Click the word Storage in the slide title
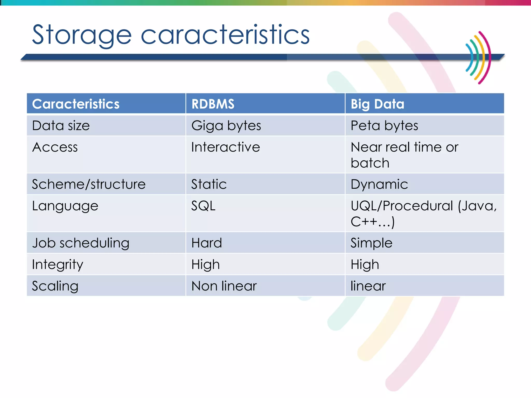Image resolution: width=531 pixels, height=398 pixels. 82,35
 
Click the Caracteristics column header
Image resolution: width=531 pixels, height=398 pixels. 75,104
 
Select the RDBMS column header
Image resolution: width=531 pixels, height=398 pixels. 213,104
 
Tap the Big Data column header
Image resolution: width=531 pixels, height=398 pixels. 377,104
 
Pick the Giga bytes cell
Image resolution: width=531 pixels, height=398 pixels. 226,126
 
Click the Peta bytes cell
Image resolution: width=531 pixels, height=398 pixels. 384,126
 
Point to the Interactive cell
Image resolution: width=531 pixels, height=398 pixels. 225,147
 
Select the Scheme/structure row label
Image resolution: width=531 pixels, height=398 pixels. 89,184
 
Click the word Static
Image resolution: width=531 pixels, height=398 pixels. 209,184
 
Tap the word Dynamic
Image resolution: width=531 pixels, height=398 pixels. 379,184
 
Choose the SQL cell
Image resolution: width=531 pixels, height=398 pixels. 203,206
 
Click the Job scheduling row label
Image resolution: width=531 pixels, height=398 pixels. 80,243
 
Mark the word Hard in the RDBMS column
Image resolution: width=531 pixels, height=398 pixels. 206,243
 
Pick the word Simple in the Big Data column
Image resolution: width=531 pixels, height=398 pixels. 371,243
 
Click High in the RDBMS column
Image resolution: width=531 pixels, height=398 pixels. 205,265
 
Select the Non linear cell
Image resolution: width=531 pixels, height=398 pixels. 224,286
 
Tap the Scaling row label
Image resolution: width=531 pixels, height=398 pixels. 55,286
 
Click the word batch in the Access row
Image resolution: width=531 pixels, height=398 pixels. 370,163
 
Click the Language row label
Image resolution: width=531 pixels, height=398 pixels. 65,206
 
